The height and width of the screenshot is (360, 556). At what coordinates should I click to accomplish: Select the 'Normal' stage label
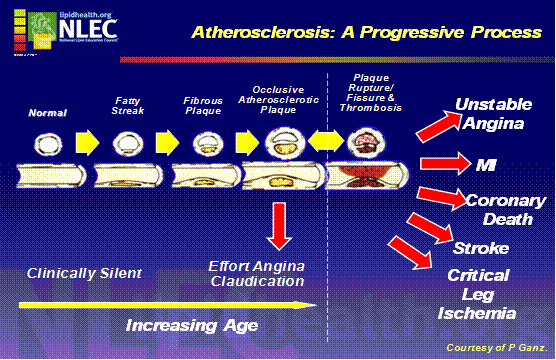[x=46, y=114]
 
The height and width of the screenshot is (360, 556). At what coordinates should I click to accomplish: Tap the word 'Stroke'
[x=480, y=247]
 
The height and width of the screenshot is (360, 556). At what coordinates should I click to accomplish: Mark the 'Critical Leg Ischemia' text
[x=478, y=294]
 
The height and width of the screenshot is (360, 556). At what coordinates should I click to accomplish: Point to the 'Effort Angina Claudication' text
[x=256, y=273]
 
